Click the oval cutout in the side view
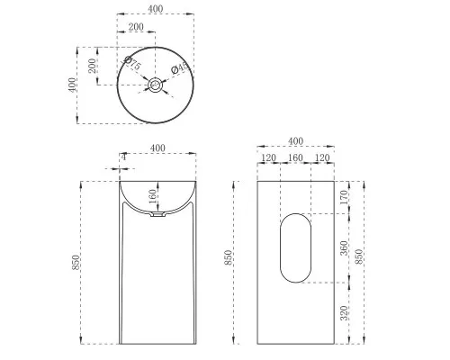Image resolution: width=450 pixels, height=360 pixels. [x=293, y=246]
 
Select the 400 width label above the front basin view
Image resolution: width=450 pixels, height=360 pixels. [x=157, y=148]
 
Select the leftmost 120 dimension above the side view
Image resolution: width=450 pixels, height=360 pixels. [x=267, y=157]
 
